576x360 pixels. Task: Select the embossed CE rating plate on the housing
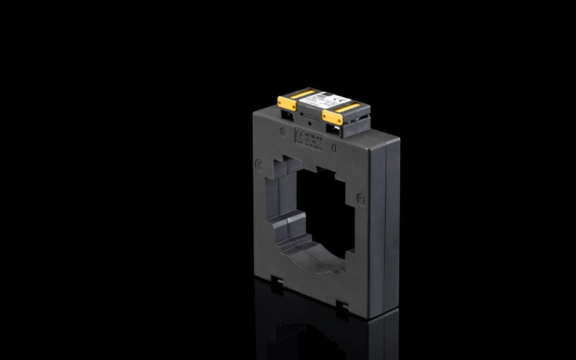pyautogui.click(x=310, y=140)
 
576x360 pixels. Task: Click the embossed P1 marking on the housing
pyautogui.click(x=362, y=199)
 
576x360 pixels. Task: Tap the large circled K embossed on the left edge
pyautogui.click(x=258, y=164)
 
